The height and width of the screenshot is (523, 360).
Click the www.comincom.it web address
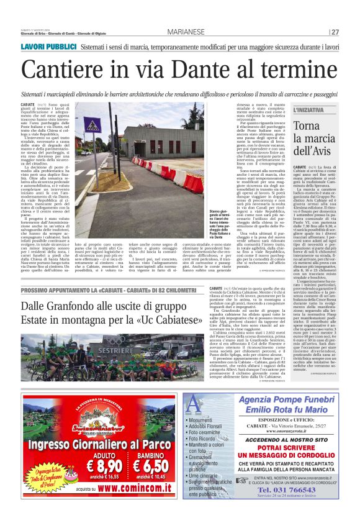tap(135, 488)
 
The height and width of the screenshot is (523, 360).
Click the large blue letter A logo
tap(196, 404)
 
